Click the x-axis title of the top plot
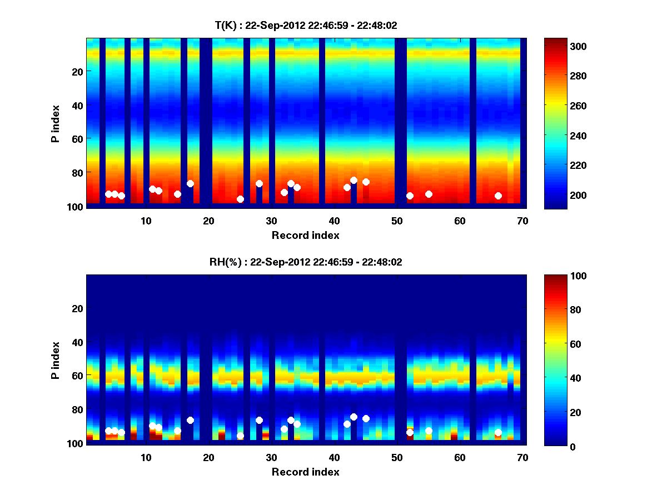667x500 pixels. (306, 235)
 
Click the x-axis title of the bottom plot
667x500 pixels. (306, 472)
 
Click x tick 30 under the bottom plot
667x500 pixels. (271, 457)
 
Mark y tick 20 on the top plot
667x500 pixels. (77, 71)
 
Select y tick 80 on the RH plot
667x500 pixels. (77, 409)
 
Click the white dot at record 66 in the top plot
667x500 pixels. (498, 196)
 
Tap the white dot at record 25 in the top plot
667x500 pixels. (240, 199)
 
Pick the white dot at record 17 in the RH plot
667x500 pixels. (190, 420)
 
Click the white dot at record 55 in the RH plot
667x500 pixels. (429, 431)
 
